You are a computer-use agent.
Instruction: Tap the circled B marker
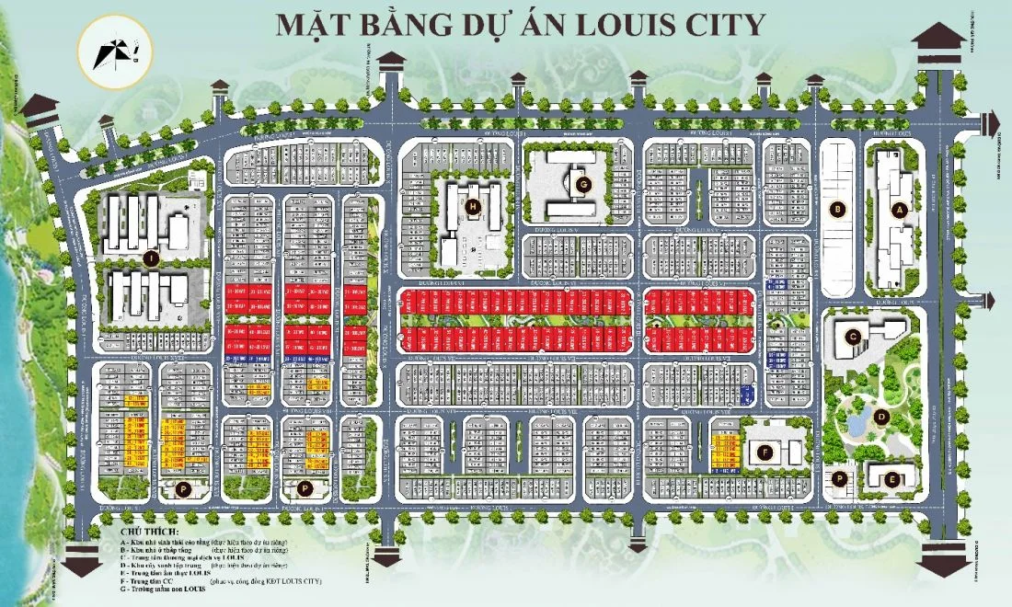tap(837, 210)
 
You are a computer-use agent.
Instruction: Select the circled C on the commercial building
tap(853, 337)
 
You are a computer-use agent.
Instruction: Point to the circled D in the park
tap(880, 416)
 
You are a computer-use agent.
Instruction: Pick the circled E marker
tap(891, 477)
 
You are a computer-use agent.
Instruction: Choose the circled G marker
tap(582, 183)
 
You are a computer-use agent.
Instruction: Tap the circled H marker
tap(472, 206)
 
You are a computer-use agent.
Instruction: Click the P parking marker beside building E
tap(839, 478)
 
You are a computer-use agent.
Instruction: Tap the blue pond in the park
tap(857, 422)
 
